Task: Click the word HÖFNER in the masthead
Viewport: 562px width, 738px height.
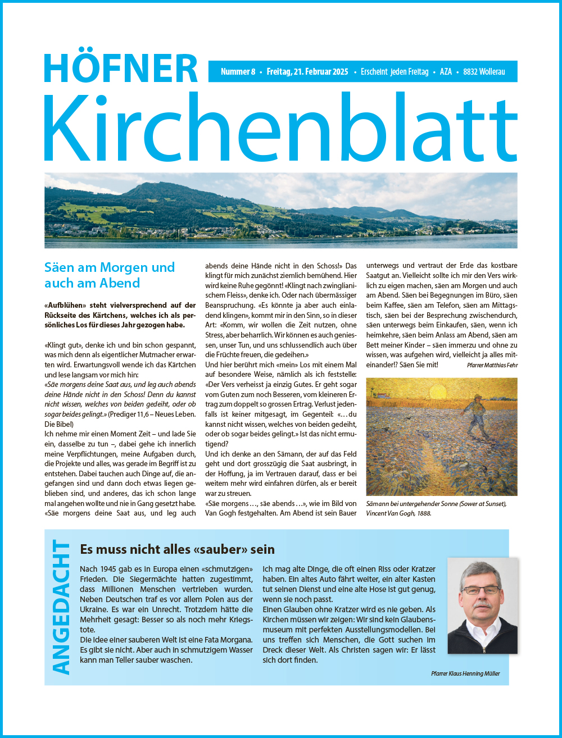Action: (121, 69)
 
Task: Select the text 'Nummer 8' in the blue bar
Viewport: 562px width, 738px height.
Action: (238, 72)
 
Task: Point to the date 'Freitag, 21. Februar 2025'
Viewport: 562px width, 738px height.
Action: (307, 72)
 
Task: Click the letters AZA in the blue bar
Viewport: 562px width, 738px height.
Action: (446, 72)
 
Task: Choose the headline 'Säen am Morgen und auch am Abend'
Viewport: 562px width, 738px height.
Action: (110, 275)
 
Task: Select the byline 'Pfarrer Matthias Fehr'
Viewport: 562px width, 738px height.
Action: (492, 366)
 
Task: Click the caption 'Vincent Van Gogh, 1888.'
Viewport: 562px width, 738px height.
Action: (398, 513)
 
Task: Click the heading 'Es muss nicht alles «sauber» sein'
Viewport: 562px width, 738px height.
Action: (177, 549)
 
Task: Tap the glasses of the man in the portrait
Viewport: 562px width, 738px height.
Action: (481, 590)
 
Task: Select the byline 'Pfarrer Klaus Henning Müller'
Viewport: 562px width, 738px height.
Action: (465, 673)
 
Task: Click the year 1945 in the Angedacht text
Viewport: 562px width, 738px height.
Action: (110, 569)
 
